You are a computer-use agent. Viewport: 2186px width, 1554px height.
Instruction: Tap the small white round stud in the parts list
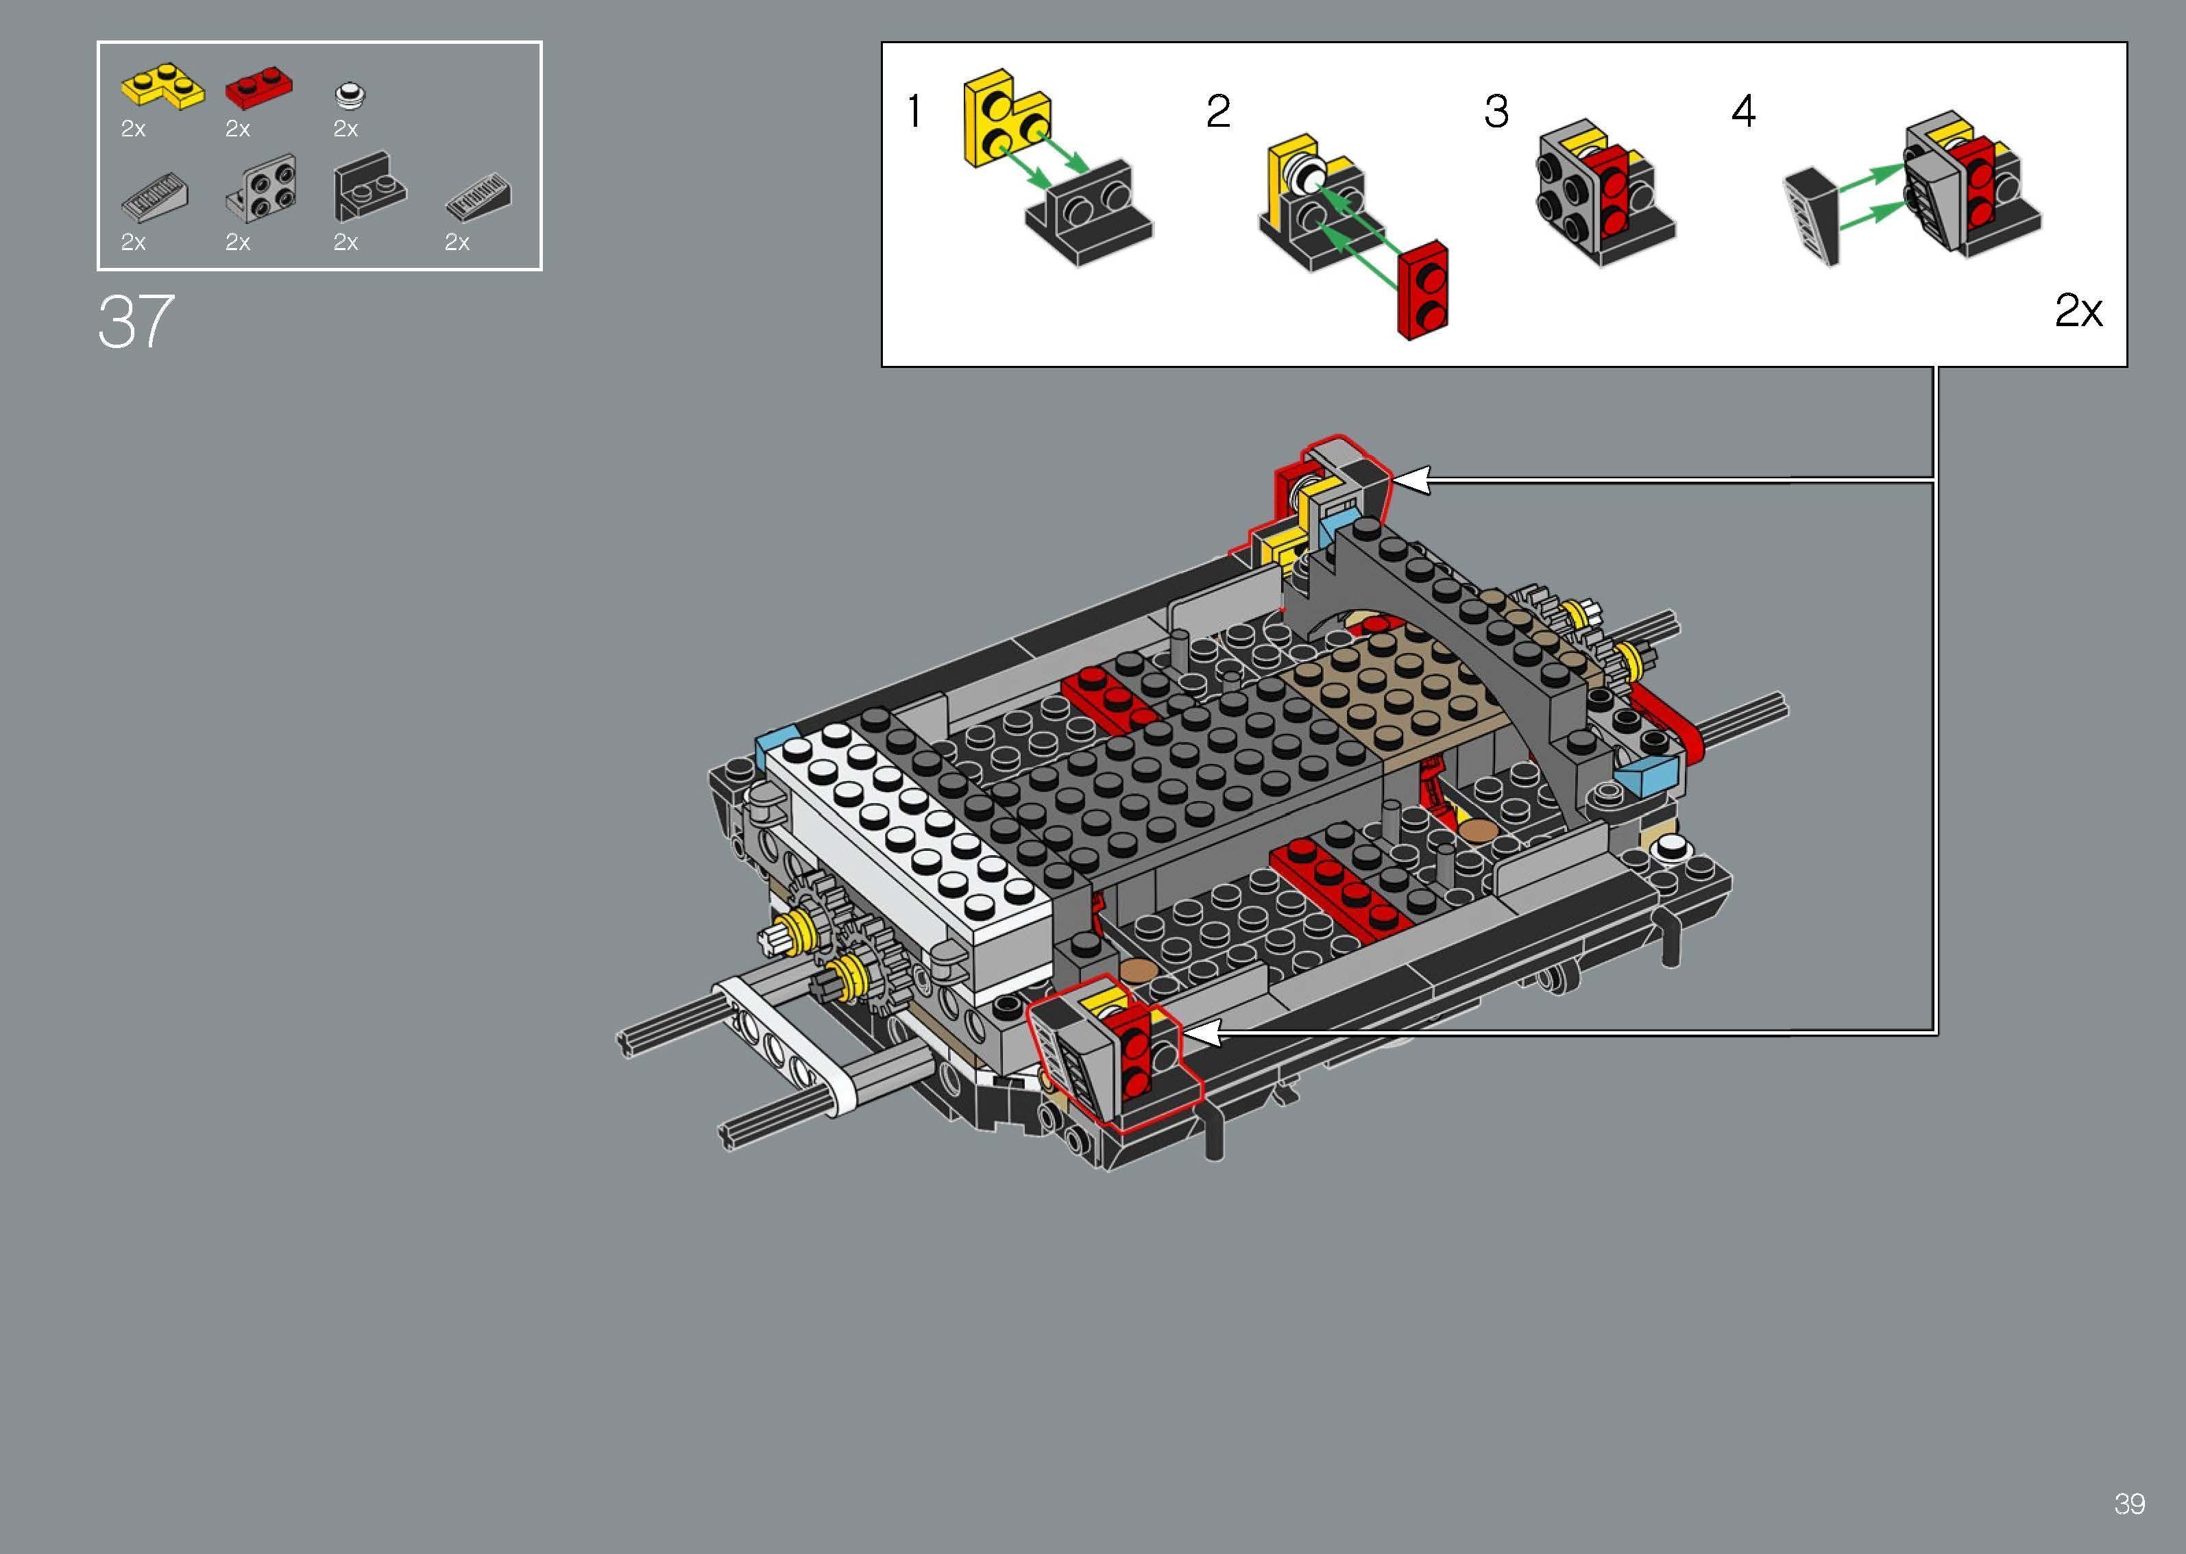[351, 95]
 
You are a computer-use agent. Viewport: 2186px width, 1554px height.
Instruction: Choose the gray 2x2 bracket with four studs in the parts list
[263, 188]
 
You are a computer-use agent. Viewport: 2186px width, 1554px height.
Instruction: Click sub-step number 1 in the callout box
[914, 112]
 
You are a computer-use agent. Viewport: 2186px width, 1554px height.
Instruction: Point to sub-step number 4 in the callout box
[1743, 112]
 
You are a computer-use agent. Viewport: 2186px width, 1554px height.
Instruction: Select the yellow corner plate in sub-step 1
[1003, 120]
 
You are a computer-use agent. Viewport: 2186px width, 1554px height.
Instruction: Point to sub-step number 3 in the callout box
[1496, 112]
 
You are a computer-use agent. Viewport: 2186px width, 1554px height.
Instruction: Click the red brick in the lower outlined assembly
[1132, 1052]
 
